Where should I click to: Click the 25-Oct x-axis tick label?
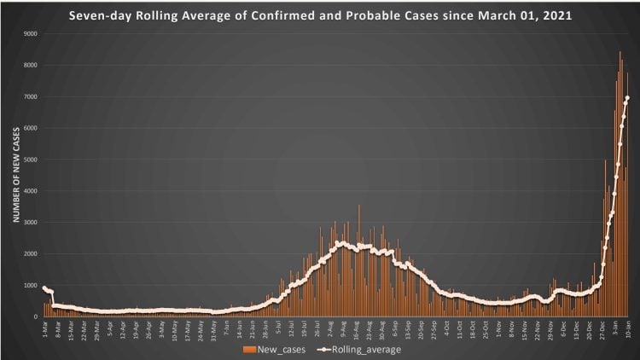pos(482,328)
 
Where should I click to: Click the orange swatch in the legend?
pos(249,349)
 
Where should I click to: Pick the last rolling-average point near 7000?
pos(627,98)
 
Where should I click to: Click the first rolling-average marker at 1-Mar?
pos(44,287)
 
